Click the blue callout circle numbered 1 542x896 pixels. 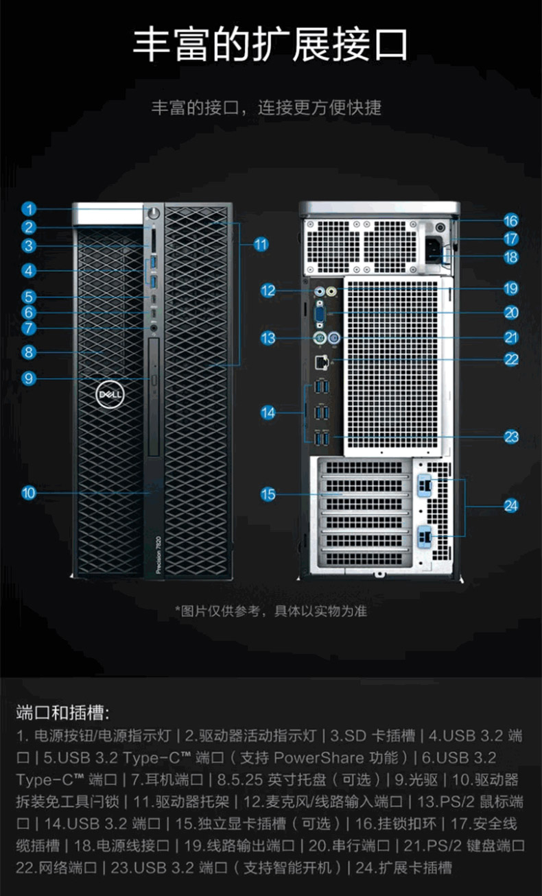[x=28, y=209]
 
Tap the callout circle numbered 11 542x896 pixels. [x=260, y=244]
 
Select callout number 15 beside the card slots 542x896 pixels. [x=268, y=494]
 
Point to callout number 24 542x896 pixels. [x=511, y=506]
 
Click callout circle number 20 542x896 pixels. [x=511, y=313]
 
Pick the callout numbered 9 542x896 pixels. [x=28, y=378]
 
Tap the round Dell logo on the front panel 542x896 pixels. [x=108, y=396]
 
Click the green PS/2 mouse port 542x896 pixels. [x=318, y=337]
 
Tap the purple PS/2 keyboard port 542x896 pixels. [x=335, y=337]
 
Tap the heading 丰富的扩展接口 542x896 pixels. [x=270, y=45]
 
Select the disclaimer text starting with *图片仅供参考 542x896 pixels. [x=270, y=611]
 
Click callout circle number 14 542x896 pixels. [x=268, y=412]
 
